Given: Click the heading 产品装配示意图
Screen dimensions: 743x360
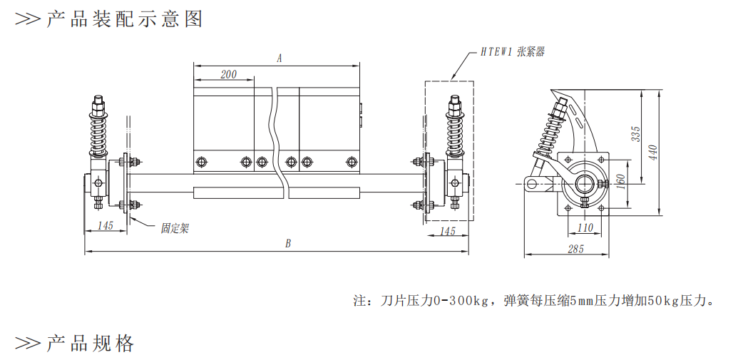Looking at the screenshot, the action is point(125,19).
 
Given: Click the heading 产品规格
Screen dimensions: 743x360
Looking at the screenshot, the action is point(90,344).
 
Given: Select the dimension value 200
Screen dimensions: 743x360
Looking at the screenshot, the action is point(228,74).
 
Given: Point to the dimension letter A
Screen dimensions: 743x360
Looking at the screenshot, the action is point(280,58).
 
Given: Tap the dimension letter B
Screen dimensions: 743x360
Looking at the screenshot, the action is point(287,244).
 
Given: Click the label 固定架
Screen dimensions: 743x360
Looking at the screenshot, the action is point(175,229).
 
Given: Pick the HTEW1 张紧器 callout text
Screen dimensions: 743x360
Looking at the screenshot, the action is point(512,52).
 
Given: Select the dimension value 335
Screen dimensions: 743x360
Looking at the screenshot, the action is point(635,134).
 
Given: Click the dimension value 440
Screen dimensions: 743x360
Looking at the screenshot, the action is point(653,153).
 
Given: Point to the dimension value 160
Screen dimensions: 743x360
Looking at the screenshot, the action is point(621,181).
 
